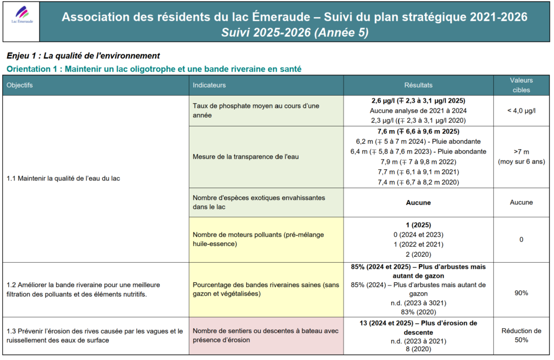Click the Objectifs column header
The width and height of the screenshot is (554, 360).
[x=20, y=85]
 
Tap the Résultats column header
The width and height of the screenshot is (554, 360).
[x=418, y=85]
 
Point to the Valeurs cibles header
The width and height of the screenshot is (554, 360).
[x=521, y=85]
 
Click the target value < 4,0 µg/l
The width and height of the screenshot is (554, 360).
[x=521, y=111]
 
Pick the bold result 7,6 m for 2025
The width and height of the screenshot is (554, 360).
[x=418, y=131]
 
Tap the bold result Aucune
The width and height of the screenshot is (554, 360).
[x=418, y=203]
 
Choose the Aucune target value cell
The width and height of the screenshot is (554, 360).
[x=521, y=203]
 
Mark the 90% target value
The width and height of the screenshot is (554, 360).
[x=521, y=292]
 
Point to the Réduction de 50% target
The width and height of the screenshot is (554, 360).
[x=521, y=335]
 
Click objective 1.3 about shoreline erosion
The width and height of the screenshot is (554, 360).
[x=95, y=336]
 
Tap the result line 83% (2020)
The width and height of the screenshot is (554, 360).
[x=418, y=311]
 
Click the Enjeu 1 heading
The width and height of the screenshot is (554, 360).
[x=83, y=56]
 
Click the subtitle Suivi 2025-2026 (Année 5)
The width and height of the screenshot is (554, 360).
[x=294, y=32]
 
